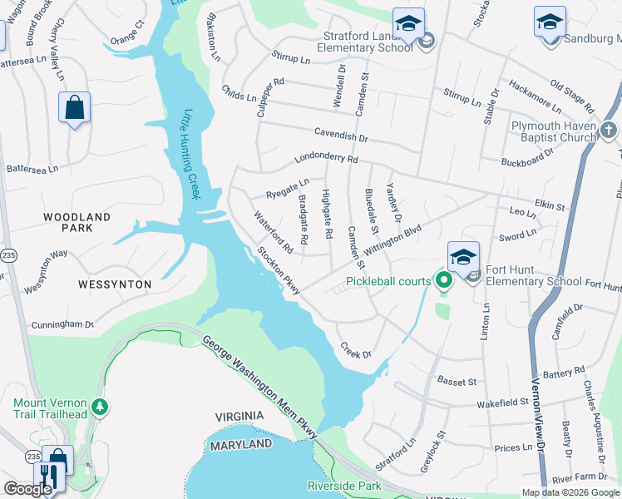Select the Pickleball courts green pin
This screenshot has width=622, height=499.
(x=444, y=282)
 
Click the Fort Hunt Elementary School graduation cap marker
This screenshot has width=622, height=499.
(x=463, y=255)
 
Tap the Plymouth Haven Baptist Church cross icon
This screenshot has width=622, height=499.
(x=609, y=130)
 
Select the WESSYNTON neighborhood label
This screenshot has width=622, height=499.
(x=115, y=284)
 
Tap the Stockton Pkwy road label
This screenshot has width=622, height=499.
(x=278, y=269)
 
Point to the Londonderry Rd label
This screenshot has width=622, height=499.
(x=326, y=158)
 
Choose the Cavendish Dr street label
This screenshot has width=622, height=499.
(x=340, y=132)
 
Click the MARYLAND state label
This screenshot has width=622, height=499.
(x=241, y=445)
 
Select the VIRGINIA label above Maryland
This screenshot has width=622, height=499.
(x=239, y=416)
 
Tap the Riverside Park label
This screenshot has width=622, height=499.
(x=343, y=485)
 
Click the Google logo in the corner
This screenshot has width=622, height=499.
(x=27, y=489)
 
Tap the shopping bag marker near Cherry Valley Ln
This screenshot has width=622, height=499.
(x=74, y=107)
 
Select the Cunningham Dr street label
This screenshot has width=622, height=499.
(x=62, y=325)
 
